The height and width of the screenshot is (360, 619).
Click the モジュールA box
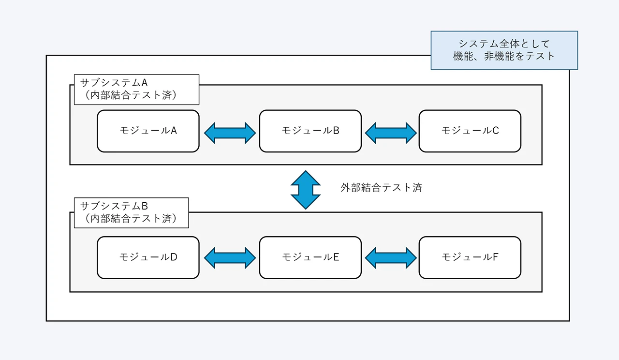point(148,131)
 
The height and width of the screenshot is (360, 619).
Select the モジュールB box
point(310,131)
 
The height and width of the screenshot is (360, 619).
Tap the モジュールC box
point(470,131)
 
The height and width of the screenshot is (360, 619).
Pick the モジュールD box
point(148,257)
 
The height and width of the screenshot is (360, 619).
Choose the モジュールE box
point(310,257)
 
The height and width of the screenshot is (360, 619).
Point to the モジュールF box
point(470,257)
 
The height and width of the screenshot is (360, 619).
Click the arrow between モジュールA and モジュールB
point(230,133)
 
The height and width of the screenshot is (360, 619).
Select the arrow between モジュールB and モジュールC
point(390,133)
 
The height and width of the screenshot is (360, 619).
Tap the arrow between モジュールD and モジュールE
point(230,258)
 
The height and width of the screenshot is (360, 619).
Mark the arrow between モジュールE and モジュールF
point(390,258)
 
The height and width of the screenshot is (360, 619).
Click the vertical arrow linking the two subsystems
point(306,190)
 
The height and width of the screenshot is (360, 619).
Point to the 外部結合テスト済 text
point(381,188)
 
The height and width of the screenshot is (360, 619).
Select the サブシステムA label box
point(136,90)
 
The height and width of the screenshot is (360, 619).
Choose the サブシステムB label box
point(131,212)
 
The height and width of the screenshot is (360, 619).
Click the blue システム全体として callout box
point(504,50)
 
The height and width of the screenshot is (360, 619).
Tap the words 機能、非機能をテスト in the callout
point(504,56)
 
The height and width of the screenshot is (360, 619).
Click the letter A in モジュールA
point(174,131)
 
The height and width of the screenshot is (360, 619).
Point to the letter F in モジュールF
point(495,257)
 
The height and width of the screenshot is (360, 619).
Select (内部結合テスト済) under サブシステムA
point(131,95)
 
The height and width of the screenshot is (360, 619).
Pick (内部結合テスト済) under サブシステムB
point(131,218)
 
